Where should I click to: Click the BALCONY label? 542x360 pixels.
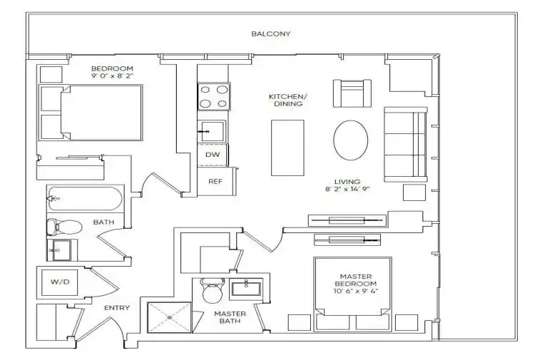(271, 34)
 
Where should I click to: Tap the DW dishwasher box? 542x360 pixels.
(213, 155)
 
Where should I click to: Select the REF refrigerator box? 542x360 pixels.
(216, 181)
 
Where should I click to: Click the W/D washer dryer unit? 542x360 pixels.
(60, 282)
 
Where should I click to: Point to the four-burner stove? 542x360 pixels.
(214, 96)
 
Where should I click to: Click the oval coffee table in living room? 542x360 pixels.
(350, 140)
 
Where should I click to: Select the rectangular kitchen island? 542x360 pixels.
(287, 148)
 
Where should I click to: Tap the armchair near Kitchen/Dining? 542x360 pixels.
(352, 93)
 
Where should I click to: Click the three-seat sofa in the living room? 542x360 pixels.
(406, 145)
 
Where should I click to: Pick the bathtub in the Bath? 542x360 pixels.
(85, 199)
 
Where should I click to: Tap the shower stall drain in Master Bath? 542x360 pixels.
(170, 317)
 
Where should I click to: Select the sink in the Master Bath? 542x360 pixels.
(247, 289)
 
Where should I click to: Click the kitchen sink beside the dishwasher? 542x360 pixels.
(213, 131)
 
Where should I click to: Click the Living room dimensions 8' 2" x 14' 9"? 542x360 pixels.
(347, 189)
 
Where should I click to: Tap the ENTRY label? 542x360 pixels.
(117, 308)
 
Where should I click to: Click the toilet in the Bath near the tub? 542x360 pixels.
(64, 227)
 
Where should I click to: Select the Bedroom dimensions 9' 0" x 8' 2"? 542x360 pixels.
(112, 76)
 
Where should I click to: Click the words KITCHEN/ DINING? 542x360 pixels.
(288, 100)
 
